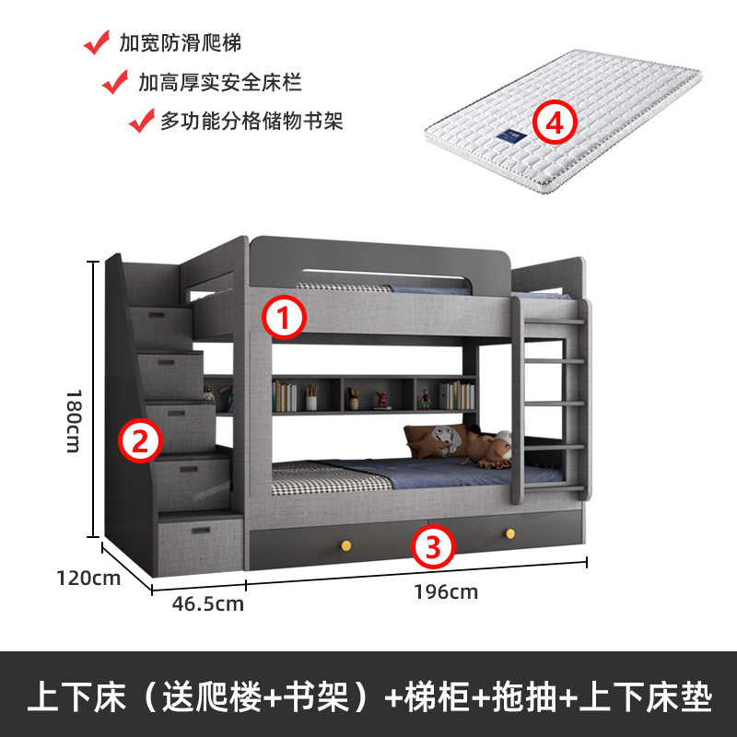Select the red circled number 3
[434, 546]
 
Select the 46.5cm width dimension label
[208, 603]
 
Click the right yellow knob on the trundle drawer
[508, 533]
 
